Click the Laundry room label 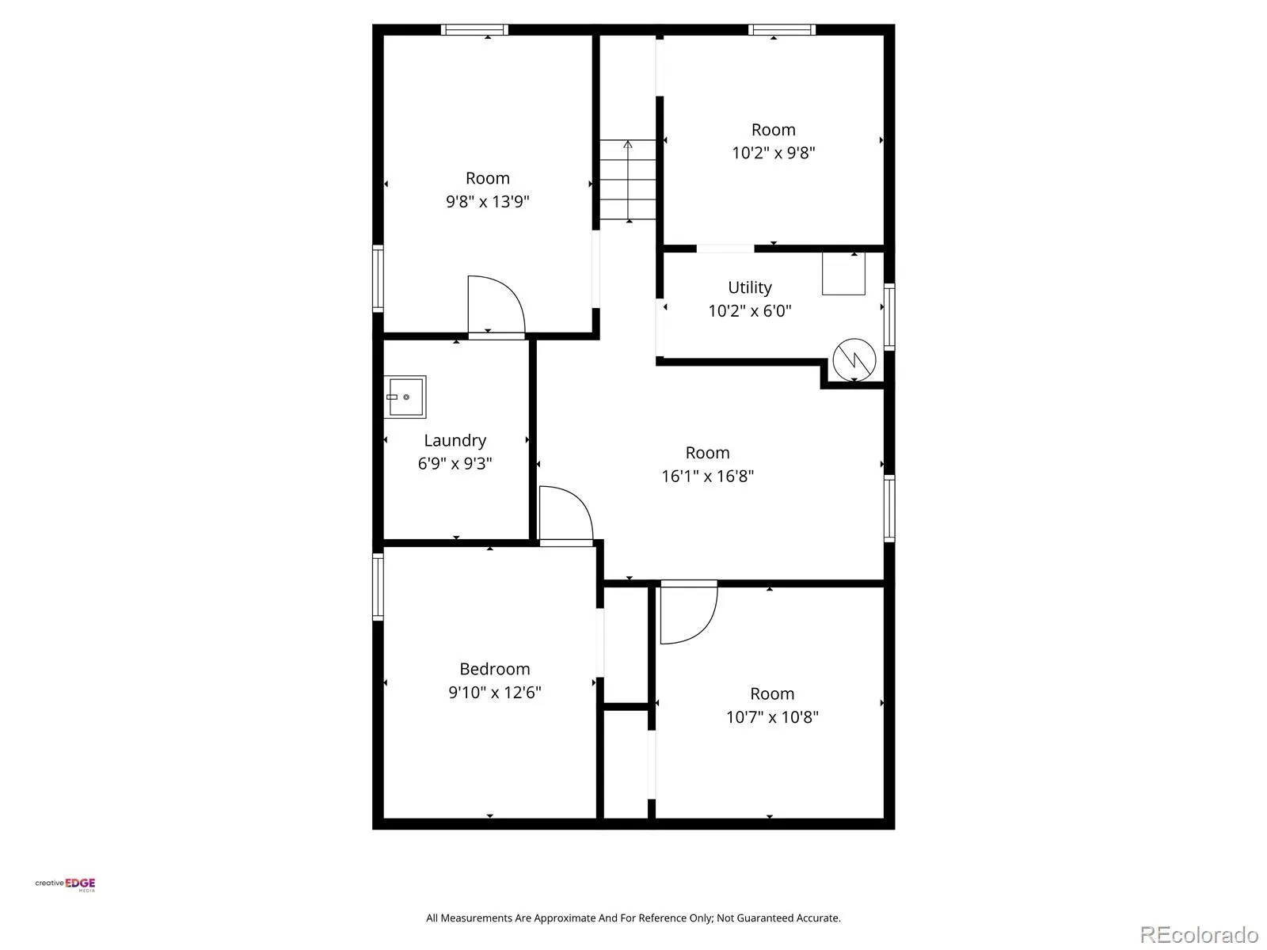455,441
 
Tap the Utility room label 749,287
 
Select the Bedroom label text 494,668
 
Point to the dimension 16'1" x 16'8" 707,476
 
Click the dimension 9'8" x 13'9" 487,201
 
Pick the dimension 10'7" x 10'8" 772,716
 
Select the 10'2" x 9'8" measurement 773,153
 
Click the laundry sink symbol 405,397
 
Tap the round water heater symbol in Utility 854,360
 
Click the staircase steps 627,180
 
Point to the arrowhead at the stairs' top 627,143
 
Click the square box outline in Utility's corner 843,274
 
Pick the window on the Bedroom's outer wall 378,587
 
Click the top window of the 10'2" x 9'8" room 782,29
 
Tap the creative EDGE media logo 65,883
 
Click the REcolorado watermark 1199,934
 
